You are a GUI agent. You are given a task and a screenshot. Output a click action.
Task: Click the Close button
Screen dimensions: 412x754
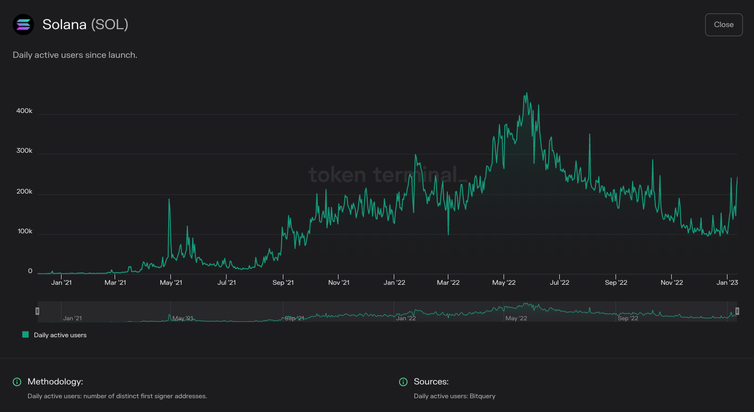pos(723,25)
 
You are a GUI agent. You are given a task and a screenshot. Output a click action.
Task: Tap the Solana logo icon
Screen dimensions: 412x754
pos(23,24)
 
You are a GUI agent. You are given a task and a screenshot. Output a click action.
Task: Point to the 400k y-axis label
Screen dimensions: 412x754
pos(23,111)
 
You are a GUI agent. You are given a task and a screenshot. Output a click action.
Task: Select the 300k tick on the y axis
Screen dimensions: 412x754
pos(23,151)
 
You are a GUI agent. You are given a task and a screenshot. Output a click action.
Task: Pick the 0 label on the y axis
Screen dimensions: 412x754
pos(30,271)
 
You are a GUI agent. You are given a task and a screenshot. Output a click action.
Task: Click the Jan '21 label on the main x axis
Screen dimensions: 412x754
pos(62,283)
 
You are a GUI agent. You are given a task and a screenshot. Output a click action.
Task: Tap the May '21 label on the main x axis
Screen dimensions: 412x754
pos(171,283)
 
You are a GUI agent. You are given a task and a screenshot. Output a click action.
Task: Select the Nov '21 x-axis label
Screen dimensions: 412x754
pos(339,283)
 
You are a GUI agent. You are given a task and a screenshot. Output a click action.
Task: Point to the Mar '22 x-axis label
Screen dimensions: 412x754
pos(448,283)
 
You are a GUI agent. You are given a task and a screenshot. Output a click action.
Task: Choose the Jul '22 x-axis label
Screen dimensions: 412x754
pos(559,283)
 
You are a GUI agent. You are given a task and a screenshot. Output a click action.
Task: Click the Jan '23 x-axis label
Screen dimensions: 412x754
pos(727,283)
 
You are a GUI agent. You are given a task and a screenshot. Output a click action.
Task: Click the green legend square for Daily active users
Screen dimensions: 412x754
pos(25,335)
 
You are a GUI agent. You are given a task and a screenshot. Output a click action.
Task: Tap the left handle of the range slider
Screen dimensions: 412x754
pos(37,311)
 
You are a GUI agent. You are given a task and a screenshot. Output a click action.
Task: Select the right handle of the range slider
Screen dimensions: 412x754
pos(737,311)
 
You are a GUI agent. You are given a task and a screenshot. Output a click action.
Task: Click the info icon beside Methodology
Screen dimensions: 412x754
pos(17,382)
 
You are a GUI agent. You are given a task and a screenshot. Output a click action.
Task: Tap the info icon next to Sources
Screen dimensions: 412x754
pos(403,382)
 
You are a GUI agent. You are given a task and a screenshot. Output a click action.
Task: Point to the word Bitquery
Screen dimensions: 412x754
pos(482,396)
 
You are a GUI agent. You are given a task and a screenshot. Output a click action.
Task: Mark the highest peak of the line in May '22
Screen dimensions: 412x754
pos(526,93)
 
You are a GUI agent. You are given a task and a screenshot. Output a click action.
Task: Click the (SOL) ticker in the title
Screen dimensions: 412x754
pos(110,24)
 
